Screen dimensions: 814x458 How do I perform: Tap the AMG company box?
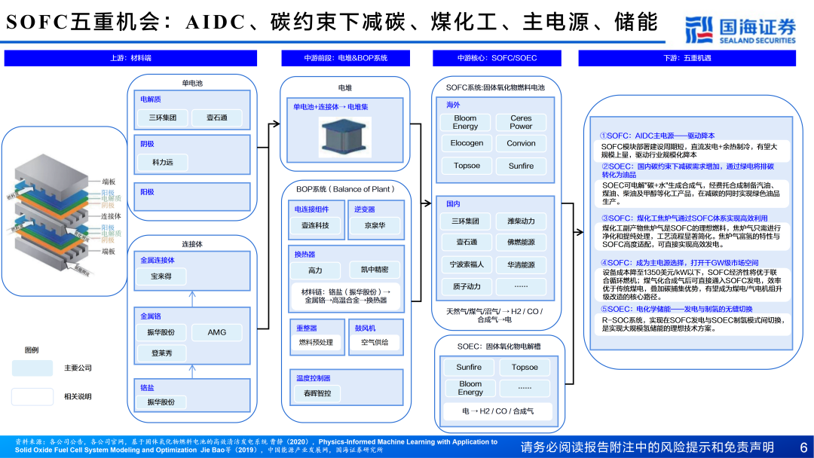click(217, 333)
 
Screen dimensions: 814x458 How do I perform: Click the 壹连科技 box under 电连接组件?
click(315, 225)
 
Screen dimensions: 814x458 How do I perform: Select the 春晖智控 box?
click(317, 392)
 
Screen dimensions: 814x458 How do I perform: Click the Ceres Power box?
click(521, 122)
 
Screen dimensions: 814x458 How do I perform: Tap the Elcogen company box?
click(467, 143)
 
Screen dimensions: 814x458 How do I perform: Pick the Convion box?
click(521, 143)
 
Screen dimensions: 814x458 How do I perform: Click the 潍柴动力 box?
click(521, 221)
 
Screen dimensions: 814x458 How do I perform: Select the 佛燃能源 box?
click(521, 243)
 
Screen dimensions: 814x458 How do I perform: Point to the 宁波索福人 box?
click(467, 264)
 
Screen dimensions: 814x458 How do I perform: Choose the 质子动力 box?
click(467, 286)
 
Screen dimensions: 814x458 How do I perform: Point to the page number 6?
click(803, 447)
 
